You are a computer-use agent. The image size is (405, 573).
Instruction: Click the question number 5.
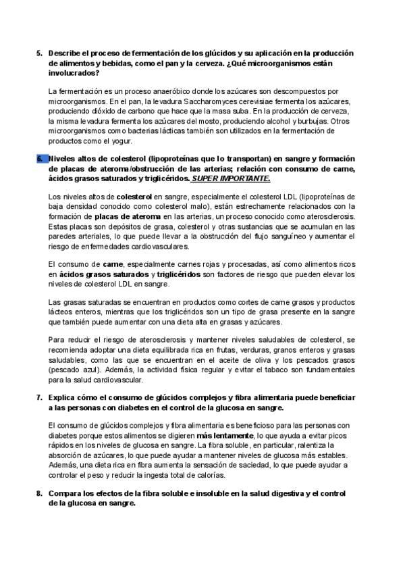click(x=38, y=53)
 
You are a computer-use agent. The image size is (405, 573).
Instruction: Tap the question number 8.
click(x=38, y=495)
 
